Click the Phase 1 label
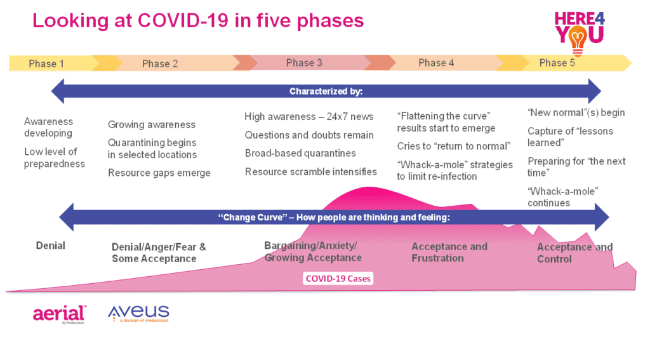(46, 64)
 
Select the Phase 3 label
(304, 63)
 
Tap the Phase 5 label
(557, 63)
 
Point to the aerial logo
(59, 314)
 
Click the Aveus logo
(138, 314)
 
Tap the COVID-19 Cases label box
(338, 278)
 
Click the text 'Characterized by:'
(326, 91)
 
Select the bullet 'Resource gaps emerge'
(159, 173)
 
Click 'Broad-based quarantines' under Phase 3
(300, 153)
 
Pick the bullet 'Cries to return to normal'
(453, 146)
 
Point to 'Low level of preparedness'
(55, 157)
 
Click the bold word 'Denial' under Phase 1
(51, 246)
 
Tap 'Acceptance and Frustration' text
(449, 252)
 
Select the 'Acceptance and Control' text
(574, 253)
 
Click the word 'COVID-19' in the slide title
(183, 21)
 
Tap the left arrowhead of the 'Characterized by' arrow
(57, 91)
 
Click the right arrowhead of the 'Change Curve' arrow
(602, 217)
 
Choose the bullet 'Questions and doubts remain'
(309, 135)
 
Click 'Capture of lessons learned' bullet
(570, 137)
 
